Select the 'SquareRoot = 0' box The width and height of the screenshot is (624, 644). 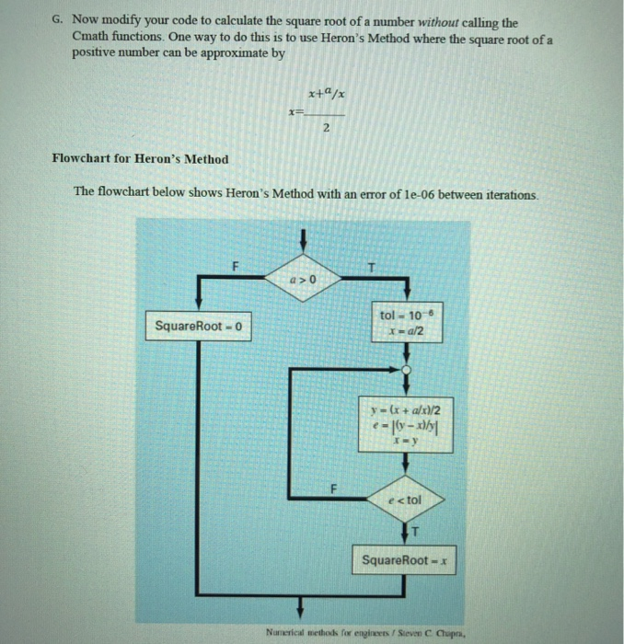(200, 326)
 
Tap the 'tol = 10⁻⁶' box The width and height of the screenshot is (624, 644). (405, 323)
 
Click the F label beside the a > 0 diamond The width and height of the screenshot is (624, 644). (234, 266)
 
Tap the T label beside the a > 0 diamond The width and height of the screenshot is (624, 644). (371, 267)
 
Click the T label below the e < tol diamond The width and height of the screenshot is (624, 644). (415, 532)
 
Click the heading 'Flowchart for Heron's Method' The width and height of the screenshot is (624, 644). (140, 159)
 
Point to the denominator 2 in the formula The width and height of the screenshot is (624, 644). (327, 130)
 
